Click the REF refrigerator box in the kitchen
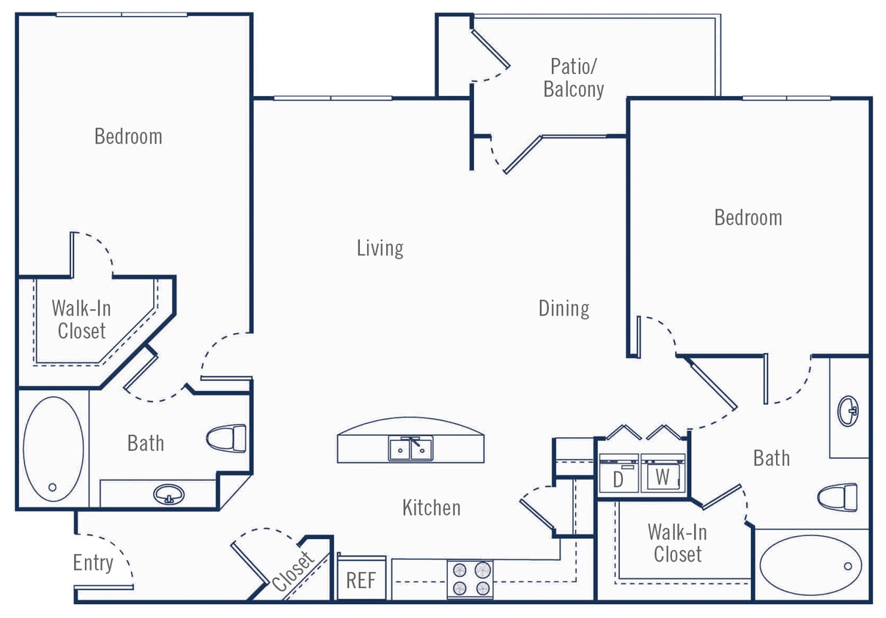point(361,580)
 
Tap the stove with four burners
point(470,578)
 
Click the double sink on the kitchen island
point(410,448)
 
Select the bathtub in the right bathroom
point(811,565)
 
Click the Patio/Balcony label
point(574,78)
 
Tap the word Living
point(380,247)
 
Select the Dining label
point(564,308)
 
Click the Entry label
point(93,563)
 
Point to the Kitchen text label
point(431,507)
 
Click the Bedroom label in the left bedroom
point(128,136)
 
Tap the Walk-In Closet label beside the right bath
point(677,543)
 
